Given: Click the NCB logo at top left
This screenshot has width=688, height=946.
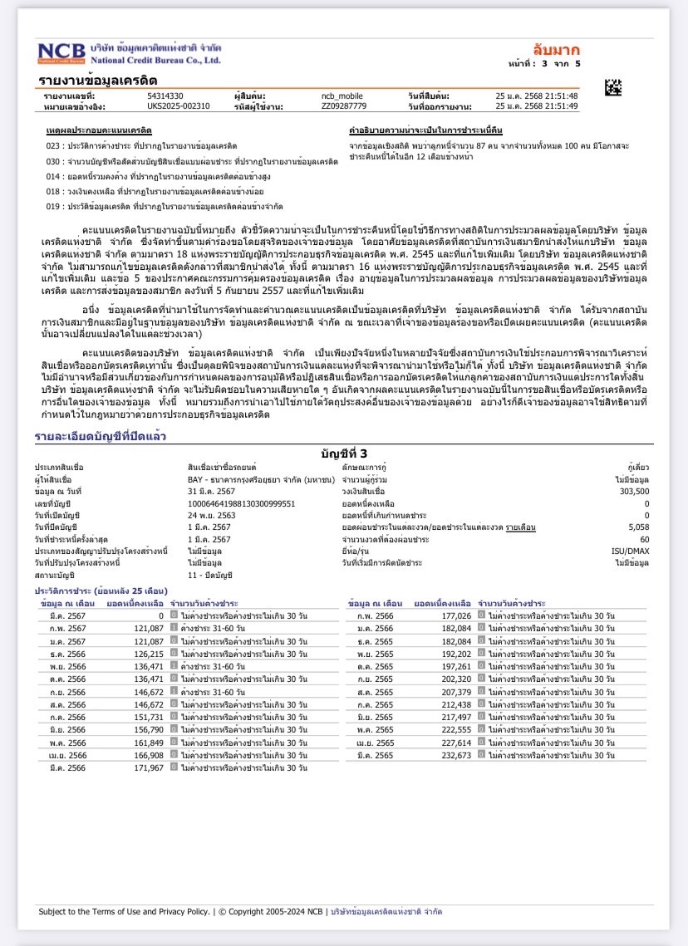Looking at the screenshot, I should point(60,53).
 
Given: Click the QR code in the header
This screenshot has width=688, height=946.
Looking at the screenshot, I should point(612,86).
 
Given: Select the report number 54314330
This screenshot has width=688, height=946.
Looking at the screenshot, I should point(165,96).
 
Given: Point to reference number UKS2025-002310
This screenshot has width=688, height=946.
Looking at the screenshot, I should point(178,106).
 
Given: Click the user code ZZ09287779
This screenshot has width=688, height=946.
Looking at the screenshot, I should point(343,106).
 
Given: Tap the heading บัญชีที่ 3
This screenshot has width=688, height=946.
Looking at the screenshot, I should point(343,453).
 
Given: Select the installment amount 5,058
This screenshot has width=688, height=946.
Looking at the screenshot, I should point(639,527).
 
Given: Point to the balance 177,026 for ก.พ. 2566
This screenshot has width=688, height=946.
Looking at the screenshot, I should point(456,615).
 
